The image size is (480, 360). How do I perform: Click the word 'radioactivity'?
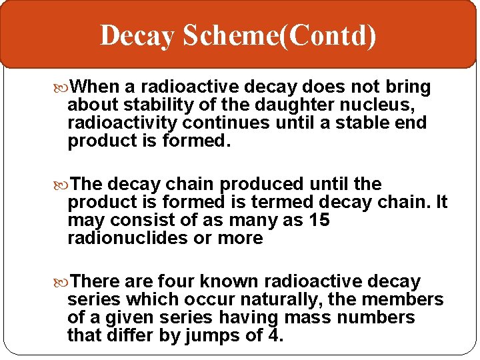[123, 123]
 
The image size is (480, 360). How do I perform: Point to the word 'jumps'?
[216, 336]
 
